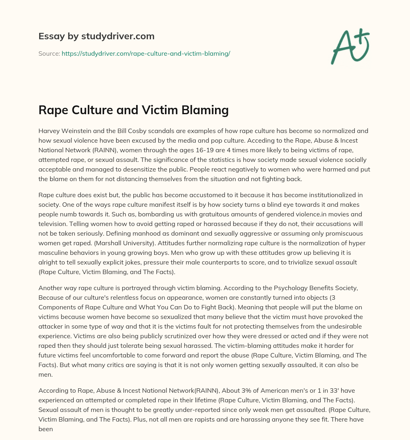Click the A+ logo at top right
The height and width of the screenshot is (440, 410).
(350, 46)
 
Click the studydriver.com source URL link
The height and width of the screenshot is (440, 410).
(146, 53)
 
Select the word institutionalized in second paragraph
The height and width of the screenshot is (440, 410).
(322, 195)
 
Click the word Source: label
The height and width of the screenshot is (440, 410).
(49, 53)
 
